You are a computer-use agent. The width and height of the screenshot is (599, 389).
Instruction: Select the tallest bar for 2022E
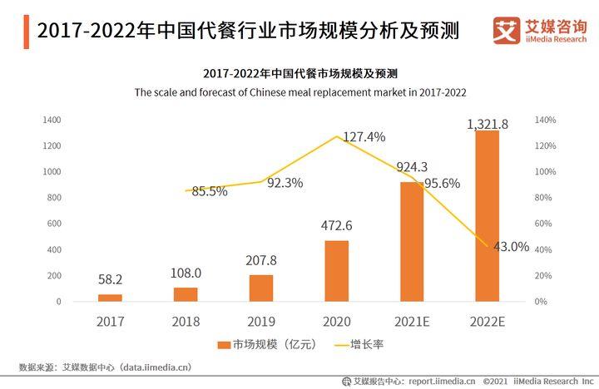point(488,215)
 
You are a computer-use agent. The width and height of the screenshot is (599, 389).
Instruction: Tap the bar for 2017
point(110,297)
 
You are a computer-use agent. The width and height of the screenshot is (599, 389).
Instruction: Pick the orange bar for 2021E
point(412,241)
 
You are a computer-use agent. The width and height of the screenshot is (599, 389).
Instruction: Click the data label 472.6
point(337,225)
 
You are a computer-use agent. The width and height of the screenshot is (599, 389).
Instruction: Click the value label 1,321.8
point(488,124)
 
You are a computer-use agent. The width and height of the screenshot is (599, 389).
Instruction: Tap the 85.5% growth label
point(210,191)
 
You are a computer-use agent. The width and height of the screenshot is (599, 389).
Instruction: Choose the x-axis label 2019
point(261,320)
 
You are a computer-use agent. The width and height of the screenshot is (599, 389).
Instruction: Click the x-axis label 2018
point(186,320)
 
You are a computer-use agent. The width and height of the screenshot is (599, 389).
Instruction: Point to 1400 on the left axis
point(52,121)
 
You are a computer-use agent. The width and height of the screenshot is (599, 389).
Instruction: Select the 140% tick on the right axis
point(545,121)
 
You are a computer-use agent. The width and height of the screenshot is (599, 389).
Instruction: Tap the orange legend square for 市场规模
point(223,344)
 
